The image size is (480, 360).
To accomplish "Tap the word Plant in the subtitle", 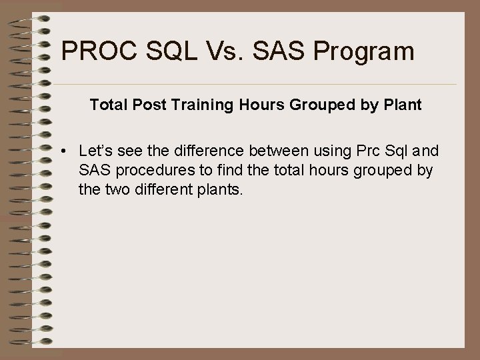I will click(x=402, y=105).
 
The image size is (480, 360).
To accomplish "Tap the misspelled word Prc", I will click(x=365, y=151).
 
